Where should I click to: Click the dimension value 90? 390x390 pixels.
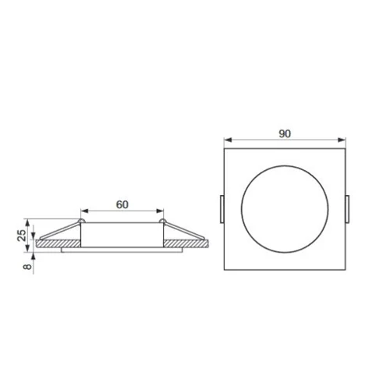click(x=285, y=133)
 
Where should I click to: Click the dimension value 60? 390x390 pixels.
click(x=122, y=204)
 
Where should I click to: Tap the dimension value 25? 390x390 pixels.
click(x=22, y=235)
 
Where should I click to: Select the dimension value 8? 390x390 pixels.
click(x=28, y=267)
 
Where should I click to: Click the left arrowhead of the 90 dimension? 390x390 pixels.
click(x=228, y=140)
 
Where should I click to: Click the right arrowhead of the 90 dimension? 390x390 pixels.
click(x=342, y=140)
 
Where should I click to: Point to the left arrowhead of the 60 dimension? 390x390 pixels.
click(x=85, y=211)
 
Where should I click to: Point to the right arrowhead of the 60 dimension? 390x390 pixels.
click(x=160, y=211)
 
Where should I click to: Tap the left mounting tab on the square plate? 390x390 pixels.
click(x=222, y=209)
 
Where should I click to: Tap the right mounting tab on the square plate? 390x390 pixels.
click(x=348, y=209)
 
